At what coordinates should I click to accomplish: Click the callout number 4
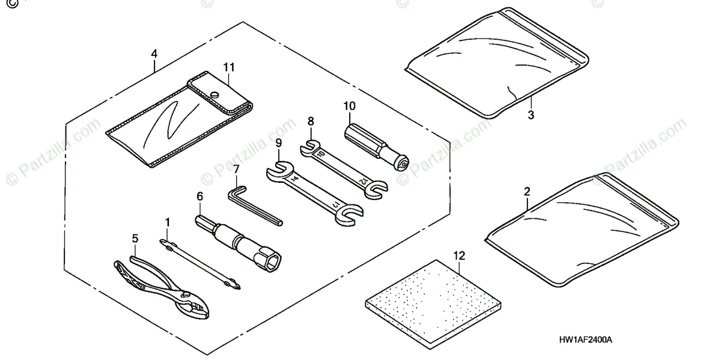[154, 53]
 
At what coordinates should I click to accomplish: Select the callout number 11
[229, 67]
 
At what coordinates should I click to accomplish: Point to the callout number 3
[531, 112]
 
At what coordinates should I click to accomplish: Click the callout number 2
[527, 192]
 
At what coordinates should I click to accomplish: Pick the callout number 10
[349, 106]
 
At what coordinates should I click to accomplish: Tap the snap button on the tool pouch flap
[216, 94]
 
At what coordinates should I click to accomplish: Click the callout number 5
[135, 238]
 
